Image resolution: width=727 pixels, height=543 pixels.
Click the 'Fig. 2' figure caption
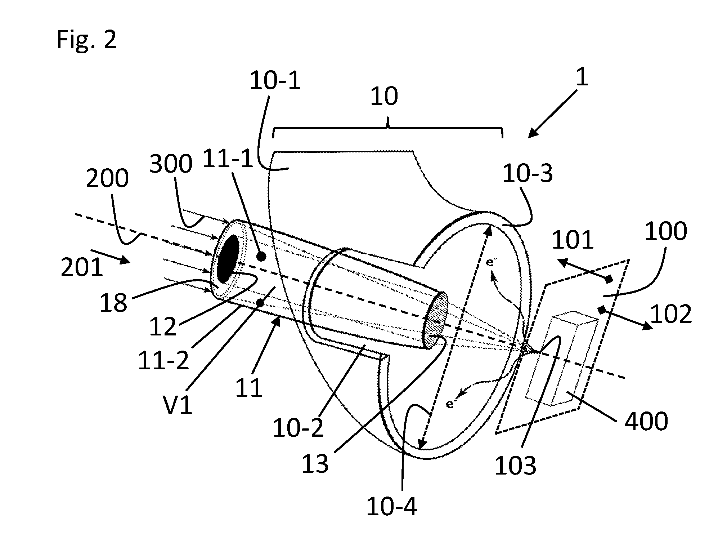87,40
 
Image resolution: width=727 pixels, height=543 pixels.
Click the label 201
82,268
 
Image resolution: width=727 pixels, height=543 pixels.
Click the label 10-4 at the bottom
392,507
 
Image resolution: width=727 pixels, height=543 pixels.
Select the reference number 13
315,464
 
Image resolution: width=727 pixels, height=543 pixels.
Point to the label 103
516,466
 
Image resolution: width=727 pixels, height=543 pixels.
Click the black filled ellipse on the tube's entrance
228,259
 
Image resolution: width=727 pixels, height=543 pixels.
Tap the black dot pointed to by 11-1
262,257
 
